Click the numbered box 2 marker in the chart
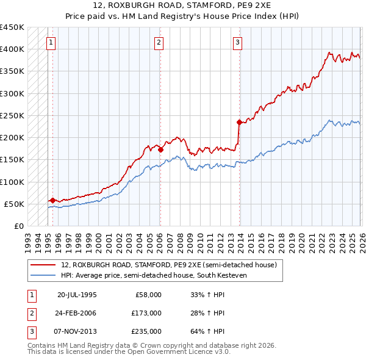[x=159, y=42]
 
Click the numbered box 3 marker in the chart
[x=237, y=42]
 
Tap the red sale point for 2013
[x=239, y=122]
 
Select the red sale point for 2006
[x=160, y=149]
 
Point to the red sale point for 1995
[x=52, y=200]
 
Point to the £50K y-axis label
[x=14, y=204]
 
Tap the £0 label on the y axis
[x=18, y=226]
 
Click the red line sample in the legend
[x=43, y=265]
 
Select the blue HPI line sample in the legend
[x=43, y=275]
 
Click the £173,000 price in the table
[x=147, y=313]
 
